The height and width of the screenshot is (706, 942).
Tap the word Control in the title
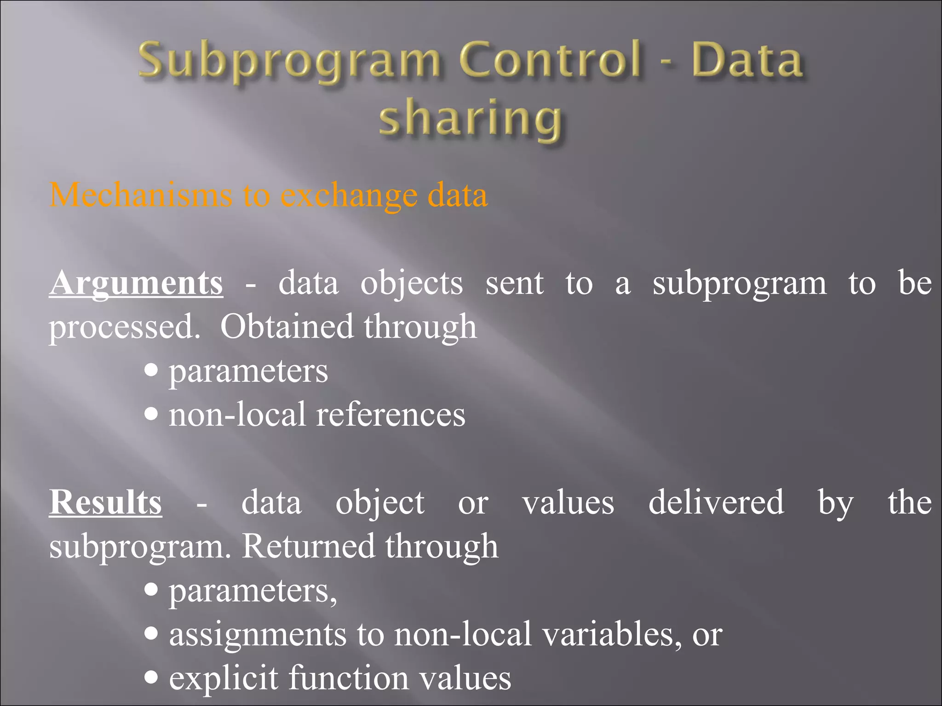(550, 60)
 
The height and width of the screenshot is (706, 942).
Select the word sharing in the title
(470, 119)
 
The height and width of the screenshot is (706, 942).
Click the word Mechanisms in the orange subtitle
(141, 195)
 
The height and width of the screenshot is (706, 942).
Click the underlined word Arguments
(136, 283)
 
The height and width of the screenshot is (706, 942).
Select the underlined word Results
(105, 502)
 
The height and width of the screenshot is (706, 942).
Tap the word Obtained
(286, 327)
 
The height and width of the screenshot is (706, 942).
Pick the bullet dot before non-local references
(151, 414)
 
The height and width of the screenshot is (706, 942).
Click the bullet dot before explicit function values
(151, 677)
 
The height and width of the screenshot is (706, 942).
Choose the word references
(391, 415)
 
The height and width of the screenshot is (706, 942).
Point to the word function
(349, 678)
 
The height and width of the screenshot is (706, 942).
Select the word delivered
(716, 502)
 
